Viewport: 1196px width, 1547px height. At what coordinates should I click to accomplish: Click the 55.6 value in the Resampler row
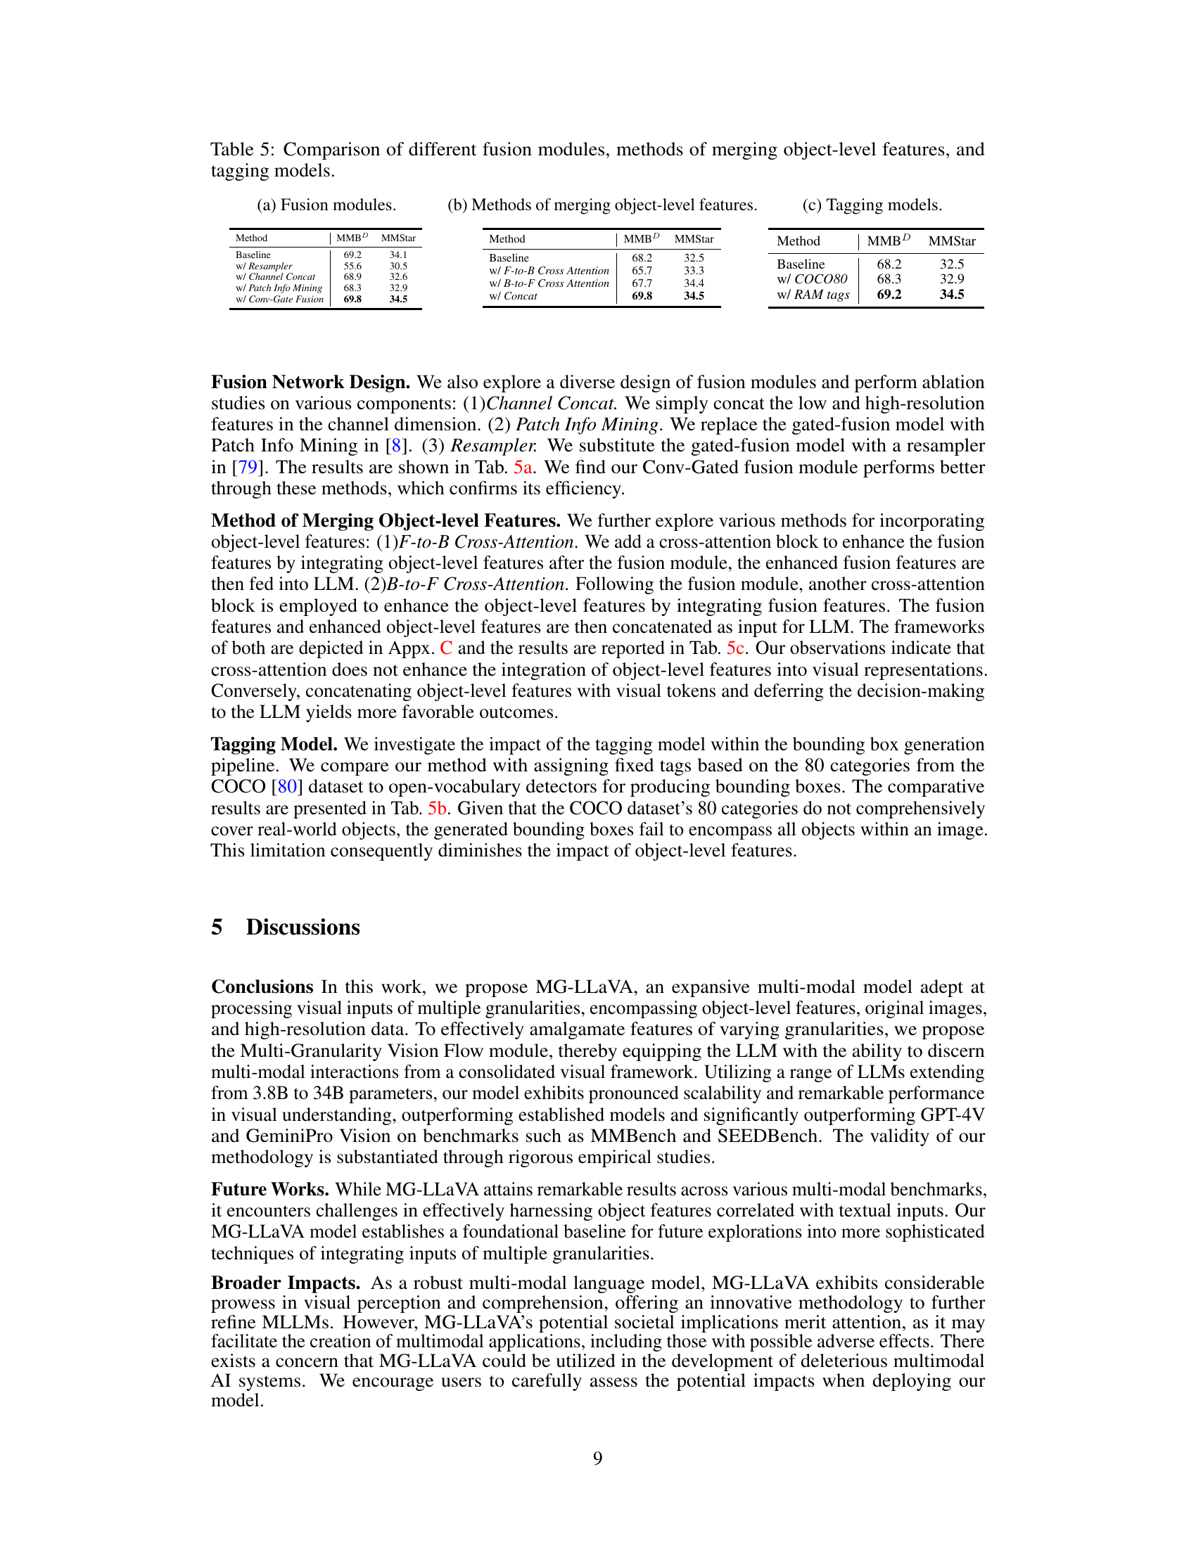[x=352, y=267]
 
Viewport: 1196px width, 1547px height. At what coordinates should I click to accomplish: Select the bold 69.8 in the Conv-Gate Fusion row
[x=352, y=300]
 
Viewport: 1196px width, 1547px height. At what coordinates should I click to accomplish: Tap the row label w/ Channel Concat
[x=275, y=277]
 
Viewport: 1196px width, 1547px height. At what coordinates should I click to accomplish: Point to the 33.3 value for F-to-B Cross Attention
[x=693, y=271]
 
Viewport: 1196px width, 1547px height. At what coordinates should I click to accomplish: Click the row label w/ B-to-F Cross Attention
[x=549, y=283]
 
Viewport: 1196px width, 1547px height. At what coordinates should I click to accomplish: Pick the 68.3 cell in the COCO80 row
[x=889, y=279]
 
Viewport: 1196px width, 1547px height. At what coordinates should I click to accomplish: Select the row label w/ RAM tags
[x=813, y=295]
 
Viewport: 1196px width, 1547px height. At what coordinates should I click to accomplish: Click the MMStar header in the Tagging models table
[x=952, y=240]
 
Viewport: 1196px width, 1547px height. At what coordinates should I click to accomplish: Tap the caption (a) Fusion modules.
[x=326, y=205]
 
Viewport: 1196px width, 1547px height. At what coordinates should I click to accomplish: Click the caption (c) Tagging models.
[x=872, y=205]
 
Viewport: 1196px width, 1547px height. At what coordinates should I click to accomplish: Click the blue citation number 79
[x=247, y=468]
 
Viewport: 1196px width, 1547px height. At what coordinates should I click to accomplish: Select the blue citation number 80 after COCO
[x=287, y=787]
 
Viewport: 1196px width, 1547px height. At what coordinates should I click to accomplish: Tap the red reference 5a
[x=523, y=468]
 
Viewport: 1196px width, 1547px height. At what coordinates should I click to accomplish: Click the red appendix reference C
[x=445, y=648]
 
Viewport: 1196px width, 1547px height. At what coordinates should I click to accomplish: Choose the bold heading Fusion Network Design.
[x=310, y=383]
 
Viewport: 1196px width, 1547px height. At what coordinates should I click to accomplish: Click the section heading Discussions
[x=303, y=927]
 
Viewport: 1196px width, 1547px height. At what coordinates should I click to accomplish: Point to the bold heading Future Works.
[x=270, y=1189]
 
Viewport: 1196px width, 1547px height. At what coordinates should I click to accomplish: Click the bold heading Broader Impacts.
[x=286, y=1283]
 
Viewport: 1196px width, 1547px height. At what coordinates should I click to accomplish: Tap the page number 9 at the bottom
[x=597, y=1458]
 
